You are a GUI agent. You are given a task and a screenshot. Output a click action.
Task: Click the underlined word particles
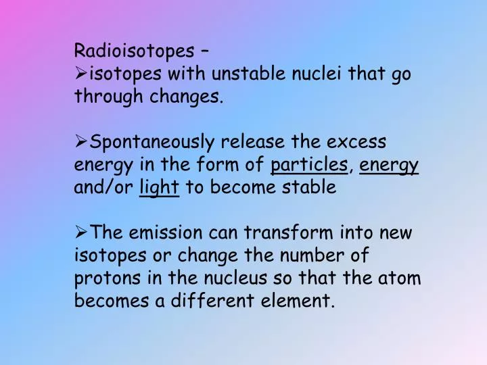pos(308,165)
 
